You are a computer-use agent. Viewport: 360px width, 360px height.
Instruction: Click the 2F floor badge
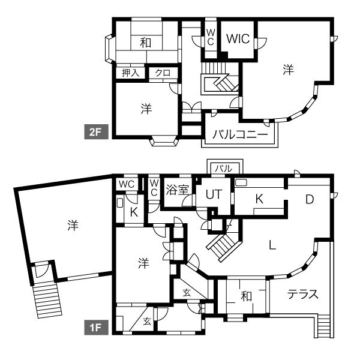(x=96, y=132)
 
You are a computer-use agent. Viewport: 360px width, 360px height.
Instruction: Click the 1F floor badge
(x=96, y=328)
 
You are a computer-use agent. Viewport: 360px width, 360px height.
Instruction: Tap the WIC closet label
(x=238, y=39)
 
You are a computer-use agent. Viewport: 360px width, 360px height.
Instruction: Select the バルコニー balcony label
(x=240, y=134)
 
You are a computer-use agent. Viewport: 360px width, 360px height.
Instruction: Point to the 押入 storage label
(x=131, y=73)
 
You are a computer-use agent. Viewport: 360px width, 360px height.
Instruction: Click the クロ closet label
(x=163, y=73)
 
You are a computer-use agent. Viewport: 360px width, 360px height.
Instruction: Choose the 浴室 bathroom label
(x=177, y=190)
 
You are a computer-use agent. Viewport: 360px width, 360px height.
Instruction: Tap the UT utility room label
(x=214, y=194)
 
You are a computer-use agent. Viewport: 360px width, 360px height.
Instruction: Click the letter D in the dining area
(x=310, y=200)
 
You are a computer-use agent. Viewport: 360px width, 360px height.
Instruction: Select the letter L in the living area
(x=272, y=245)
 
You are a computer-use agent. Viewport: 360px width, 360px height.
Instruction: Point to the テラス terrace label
(x=303, y=294)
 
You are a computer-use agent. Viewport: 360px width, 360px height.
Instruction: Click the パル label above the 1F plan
(x=223, y=169)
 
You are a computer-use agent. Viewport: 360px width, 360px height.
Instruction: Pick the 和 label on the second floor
(x=146, y=43)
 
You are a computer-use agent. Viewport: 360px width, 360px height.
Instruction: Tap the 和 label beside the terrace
(x=246, y=296)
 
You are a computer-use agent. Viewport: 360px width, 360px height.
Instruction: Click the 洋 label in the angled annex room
(x=73, y=225)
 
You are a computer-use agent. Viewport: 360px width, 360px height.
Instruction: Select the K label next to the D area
(x=259, y=199)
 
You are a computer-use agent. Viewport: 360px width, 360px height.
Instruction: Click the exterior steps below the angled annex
(x=47, y=300)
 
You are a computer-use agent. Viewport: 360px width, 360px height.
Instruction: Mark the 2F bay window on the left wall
(x=110, y=49)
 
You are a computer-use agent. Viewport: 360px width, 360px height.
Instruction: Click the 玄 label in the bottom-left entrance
(x=147, y=322)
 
